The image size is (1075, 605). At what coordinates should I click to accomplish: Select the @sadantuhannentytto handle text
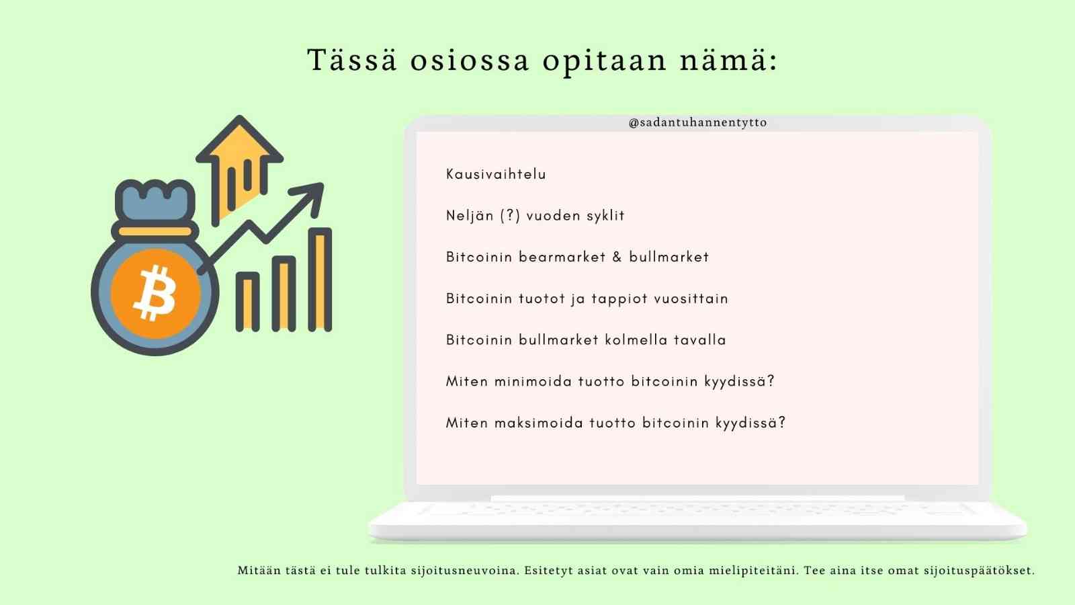[x=698, y=122]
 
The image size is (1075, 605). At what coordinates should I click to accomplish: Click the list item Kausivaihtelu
[x=497, y=174]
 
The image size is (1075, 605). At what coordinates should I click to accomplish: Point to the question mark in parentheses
[x=510, y=215]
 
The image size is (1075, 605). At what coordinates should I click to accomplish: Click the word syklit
[x=606, y=216]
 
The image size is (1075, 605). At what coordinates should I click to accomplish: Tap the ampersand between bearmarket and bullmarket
[x=617, y=257]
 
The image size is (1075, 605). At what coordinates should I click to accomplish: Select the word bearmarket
[x=562, y=257]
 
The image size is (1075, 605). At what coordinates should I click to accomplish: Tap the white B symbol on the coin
[x=155, y=293]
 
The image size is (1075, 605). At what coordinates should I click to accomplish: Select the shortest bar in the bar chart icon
[x=248, y=302]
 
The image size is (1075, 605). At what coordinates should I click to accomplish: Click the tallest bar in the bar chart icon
[x=320, y=280]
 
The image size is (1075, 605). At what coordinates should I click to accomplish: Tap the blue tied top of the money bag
[x=155, y=202]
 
